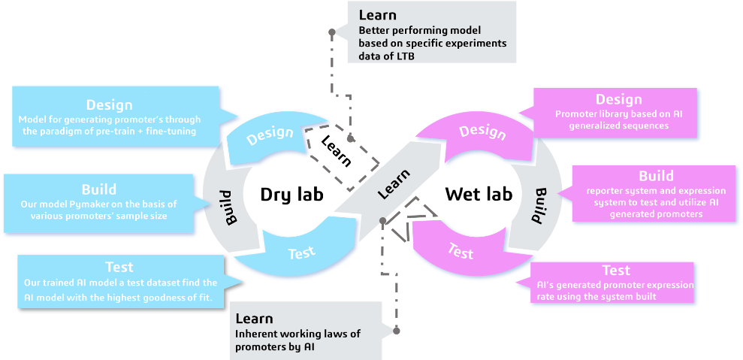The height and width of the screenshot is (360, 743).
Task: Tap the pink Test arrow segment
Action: (x=460, y=250)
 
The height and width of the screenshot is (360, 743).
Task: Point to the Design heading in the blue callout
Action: (x=109, y=105)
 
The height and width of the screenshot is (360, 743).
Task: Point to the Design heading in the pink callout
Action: (x=618, y=99)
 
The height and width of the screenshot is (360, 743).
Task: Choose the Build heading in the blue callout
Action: (x=99, y=189)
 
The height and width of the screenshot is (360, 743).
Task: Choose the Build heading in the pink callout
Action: (x=656, y=176)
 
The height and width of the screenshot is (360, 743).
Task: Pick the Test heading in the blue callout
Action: (x=119, y=267)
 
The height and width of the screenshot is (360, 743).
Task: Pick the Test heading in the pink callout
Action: (x=615, y=270)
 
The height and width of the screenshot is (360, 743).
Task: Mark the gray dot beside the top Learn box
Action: (x=331, y=32)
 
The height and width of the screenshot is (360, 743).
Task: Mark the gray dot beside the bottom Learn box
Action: (x=397, y=330)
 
